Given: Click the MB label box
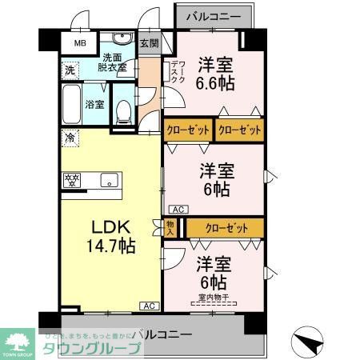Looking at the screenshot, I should pos(80,44).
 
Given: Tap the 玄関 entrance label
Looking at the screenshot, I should pos(149,44).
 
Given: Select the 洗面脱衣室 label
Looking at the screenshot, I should pos(114,62).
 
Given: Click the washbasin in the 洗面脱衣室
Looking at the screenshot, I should pos(122,41).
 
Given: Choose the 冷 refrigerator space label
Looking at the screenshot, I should pos(70,138).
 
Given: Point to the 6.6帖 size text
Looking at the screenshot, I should pos(216,81).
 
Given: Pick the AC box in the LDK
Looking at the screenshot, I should pos(149,306).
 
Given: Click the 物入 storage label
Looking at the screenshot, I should pos(170,228).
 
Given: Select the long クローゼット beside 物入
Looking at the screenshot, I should pos(223,228).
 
